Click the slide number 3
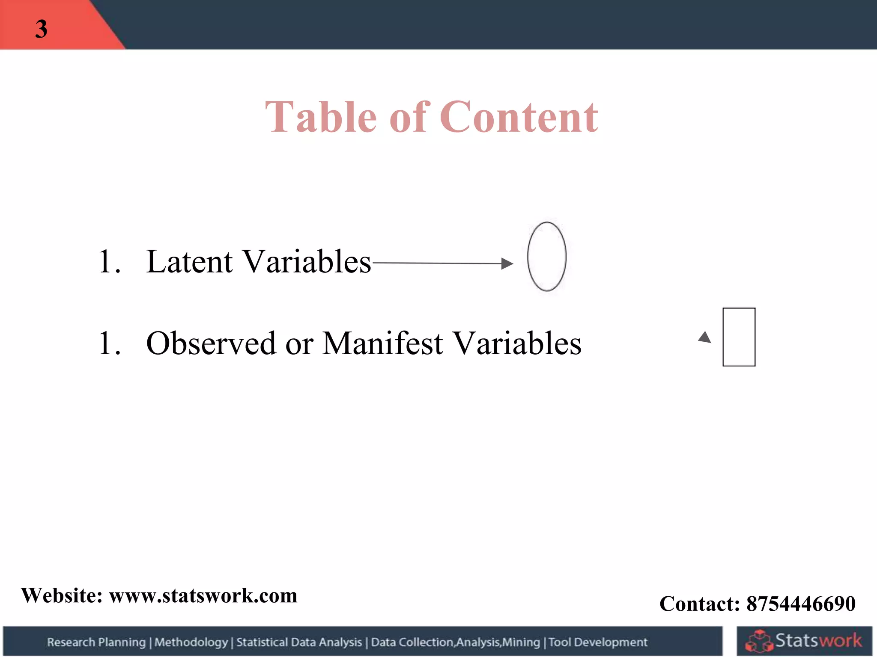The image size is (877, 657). [41, 29]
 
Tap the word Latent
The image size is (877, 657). [189, 261]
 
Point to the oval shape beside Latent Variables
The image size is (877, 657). [546, 257]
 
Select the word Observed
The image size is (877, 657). [211, 343]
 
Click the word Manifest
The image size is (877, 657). [382, 343]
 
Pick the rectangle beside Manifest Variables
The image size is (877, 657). [739, 337]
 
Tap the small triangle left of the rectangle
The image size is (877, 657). [704, 338]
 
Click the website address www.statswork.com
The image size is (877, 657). [203, 595]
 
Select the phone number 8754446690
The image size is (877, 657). [801, 604]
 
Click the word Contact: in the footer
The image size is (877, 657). [700, 604]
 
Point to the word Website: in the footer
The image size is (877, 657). [62, 595]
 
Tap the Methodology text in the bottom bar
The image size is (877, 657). [191, 642]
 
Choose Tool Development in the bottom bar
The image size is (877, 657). [598, 642]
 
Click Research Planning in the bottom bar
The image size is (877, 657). [96, 642]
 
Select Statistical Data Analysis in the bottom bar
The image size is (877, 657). [299, 642]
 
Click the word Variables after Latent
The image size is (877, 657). [307, 261]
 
